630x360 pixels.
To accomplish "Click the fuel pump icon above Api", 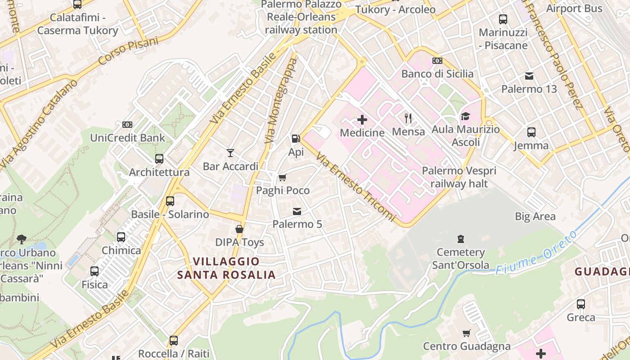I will pos(296,139).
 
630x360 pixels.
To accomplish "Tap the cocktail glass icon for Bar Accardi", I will pos(230,153).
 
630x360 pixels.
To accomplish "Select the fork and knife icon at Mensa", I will pos(408,118).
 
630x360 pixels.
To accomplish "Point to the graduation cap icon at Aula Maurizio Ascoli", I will pos(465,117).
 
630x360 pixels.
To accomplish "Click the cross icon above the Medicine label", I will pos(362,120).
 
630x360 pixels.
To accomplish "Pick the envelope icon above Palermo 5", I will pos(297,211).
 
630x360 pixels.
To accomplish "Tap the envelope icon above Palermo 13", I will pos(529,76).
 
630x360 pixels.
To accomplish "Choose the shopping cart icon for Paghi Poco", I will pos(283,177).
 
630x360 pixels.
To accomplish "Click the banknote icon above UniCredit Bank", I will pos(127,125).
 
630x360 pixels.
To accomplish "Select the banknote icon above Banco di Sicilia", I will pos(437,61).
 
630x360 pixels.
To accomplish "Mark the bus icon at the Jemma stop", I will pos(531,132).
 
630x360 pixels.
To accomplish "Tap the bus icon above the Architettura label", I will pos(159,159).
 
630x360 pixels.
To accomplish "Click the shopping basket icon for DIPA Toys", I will pos(239,229).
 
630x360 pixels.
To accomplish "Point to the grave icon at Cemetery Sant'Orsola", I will pos(460,238).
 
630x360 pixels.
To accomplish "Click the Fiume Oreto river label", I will pos(536,254).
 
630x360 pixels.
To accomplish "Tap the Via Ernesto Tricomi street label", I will pos(356,188).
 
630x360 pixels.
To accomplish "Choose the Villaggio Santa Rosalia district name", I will pos(226,268).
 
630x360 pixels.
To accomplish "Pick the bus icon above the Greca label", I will pos(581,304).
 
